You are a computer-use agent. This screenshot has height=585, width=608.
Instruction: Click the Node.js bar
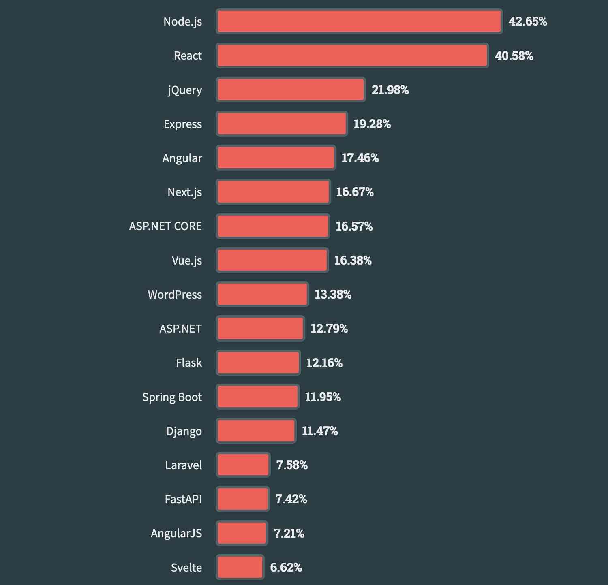[x=359, y=21]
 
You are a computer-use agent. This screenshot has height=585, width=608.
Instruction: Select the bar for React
[x=352, y=56]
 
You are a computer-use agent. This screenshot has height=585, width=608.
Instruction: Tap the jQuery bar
[x=291, y=90]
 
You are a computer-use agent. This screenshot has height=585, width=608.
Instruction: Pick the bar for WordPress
[x=262, y=294]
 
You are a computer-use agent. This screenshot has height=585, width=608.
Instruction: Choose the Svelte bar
[x=240, y=567]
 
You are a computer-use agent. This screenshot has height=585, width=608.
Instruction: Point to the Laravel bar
[x=243, y=465]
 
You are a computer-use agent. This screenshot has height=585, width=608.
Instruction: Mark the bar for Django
[x=256, y=431]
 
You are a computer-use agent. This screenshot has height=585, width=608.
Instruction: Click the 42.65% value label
[x=528, y=21]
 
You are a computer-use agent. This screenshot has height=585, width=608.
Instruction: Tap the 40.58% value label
[x=514, y=56]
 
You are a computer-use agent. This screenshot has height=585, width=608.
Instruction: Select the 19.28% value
[x=372, y=124]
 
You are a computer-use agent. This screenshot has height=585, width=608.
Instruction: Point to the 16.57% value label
[x=354, y=226]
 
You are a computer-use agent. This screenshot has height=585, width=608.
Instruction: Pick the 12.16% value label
[x=324, y=363]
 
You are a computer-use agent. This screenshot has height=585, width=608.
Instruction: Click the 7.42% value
[x=291, y=499]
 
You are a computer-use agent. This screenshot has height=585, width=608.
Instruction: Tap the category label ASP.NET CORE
[x=165, y=226]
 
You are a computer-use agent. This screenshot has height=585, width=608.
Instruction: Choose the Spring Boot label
[x=172, y=397]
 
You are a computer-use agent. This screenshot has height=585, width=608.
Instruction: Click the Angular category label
[x=182, y=158]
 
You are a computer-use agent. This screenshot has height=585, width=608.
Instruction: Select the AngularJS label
[x=176, y=533]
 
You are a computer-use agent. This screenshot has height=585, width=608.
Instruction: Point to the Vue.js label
[x=187, y=260]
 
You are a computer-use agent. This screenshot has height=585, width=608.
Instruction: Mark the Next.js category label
[x=185, y=192]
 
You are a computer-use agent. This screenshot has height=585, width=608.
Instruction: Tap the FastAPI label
[x=183, y=499]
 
